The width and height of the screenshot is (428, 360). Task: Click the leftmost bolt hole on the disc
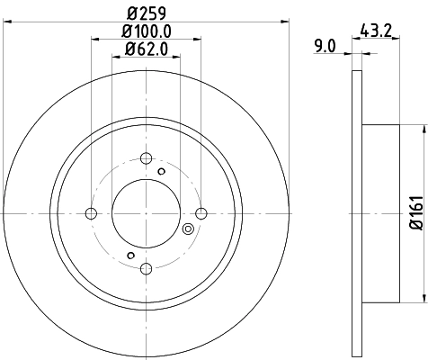90,213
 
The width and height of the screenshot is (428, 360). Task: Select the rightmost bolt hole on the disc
201,213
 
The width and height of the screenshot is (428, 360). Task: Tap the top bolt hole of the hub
146,158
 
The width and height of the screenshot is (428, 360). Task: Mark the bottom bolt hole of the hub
146,268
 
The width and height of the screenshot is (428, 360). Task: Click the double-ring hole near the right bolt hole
188,229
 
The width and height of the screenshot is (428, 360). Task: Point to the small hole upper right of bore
162,171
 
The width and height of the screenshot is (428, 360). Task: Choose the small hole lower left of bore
129,256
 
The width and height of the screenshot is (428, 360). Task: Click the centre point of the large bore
146,213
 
